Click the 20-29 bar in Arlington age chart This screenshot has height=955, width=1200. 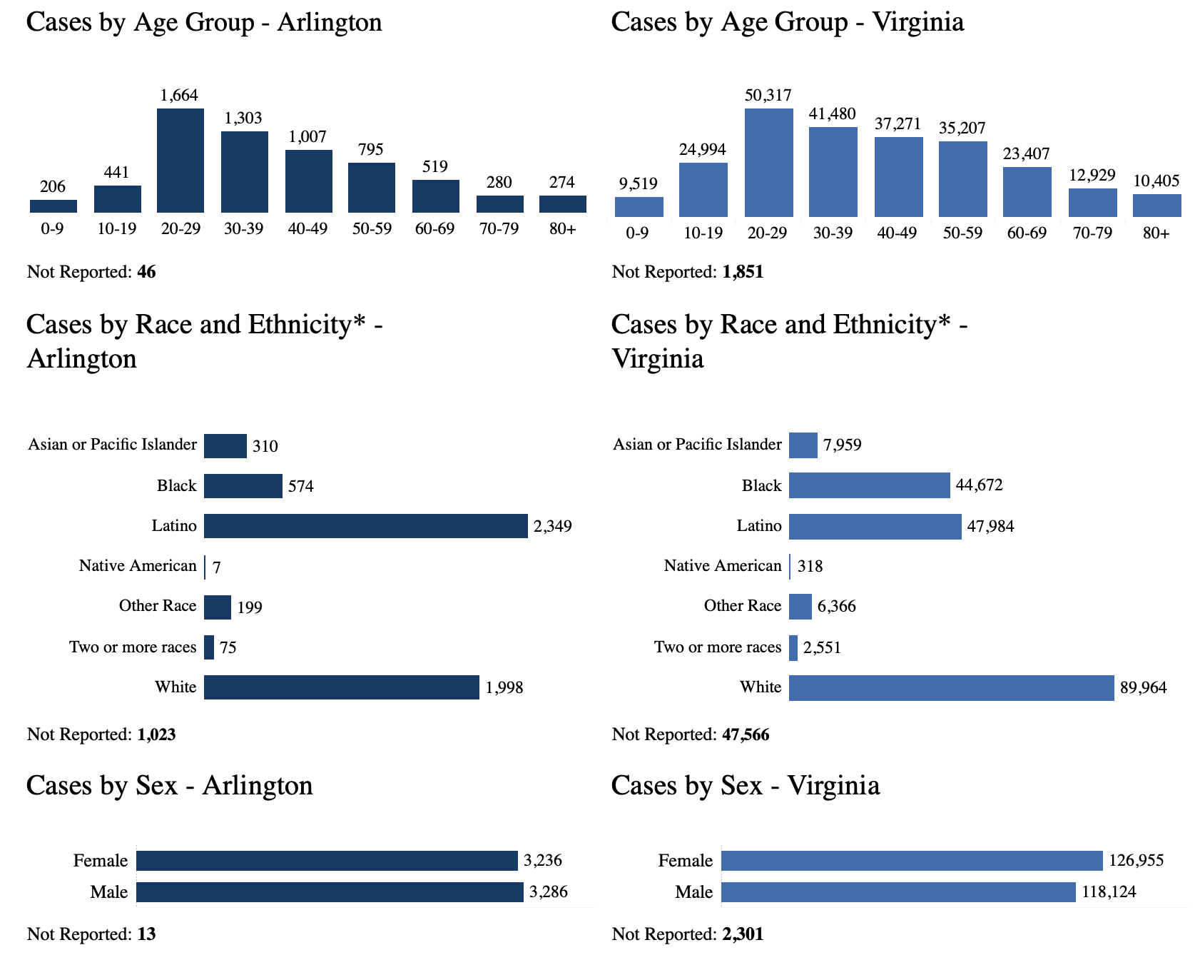(180, 161)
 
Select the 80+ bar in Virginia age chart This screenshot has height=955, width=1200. (1156, 206)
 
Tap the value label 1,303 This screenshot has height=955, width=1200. (243, 118)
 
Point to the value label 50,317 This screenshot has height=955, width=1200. (768, 96)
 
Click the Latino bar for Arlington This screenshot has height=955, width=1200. (365, 526)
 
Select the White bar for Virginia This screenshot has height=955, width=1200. (951, 687)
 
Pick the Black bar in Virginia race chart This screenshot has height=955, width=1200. (869, 485)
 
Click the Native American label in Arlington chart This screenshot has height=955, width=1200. (138, 566)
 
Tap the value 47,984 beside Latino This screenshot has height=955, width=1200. (990, 527)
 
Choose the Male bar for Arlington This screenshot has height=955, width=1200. (330, 892)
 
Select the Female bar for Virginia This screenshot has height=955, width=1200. (912, 861)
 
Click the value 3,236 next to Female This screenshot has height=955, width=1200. (543, 861)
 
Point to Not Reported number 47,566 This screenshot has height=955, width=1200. (746, 734)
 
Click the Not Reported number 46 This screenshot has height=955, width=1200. (146, 272)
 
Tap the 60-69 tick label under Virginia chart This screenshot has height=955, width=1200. (1027, 233)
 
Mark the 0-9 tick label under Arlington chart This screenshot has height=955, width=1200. (52, 229)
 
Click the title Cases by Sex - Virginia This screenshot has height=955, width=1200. (746, 785)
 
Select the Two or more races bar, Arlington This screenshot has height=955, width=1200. (209, 647)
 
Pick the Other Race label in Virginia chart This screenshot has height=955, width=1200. (743, 606)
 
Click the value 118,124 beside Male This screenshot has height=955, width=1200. (1109, 892)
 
